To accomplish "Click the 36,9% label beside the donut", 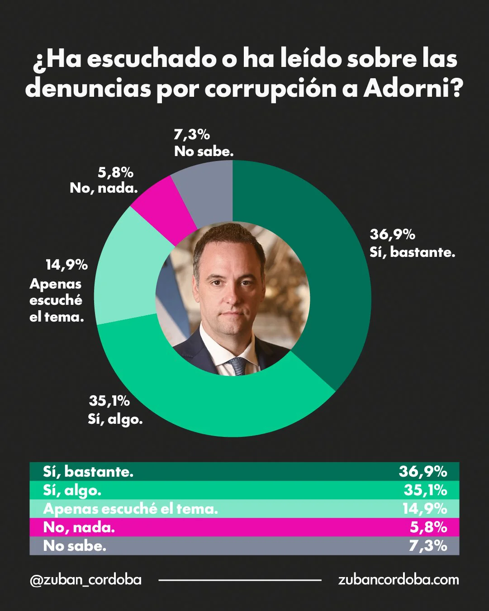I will click(x=392, y=234).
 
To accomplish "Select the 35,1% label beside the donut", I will click(x=109, y=401).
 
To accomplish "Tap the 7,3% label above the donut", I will click(x=192, y=134).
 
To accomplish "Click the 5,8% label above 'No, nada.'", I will click(x=115, y=172).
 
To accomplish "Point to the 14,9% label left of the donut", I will click(x=66, y=265).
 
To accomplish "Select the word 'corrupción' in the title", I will click(x=270, y=89).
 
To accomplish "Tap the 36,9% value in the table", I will click(x=423, y=472).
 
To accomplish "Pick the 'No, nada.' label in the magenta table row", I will click(x=79, y=527).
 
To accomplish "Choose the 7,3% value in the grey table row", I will click(x=427, y=546).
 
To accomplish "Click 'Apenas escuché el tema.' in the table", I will click(x=130, y=509).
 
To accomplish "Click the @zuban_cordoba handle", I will click(x=85, y=580).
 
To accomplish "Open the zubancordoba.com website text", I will click(x=398, y=580).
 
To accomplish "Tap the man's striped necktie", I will click(x=238, y=366).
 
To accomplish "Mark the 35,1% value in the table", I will click(x=425, y=490).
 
